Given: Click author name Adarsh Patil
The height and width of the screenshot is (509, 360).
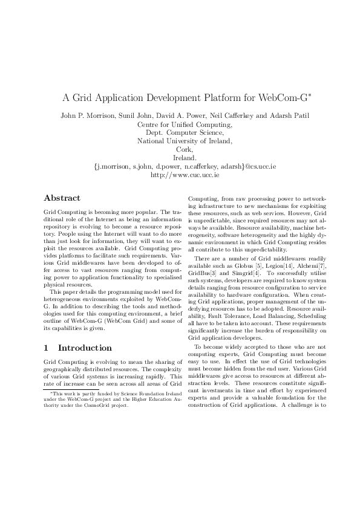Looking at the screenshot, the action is pyautogui.click(x=280, y=115).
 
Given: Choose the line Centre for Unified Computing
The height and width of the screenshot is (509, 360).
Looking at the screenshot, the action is pyautogui.click(x=180, y=125).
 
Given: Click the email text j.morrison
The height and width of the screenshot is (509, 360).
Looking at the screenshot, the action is pyautogui.click(x=114, y=166).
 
